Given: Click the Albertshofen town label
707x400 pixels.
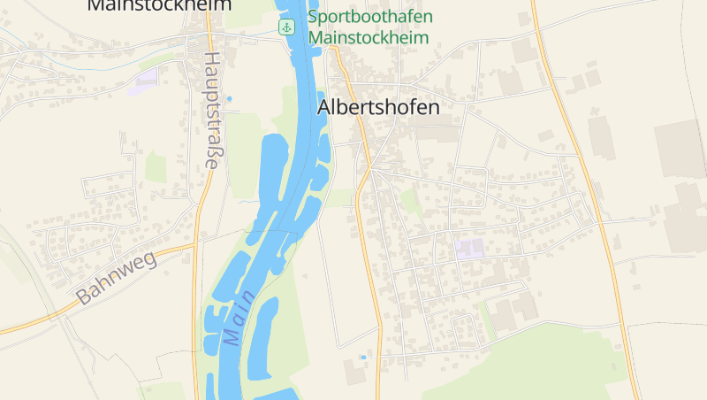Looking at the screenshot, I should (x=378, y=106).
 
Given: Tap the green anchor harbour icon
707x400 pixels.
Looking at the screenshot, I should (x=286, y=27).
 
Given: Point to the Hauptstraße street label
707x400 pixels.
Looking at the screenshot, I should (x=212, y=110).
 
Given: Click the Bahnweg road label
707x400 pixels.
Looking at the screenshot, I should (x=116, y=278).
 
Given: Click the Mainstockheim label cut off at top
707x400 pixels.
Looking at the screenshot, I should (x=159, y=5).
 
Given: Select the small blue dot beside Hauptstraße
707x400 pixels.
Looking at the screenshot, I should (x=229, y=98).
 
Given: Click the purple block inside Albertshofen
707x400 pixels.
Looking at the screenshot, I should (x=470, y=249).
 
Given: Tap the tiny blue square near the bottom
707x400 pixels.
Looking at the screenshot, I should (x=361, y=357).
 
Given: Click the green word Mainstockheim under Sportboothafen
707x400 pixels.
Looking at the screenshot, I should (x=369, y=38).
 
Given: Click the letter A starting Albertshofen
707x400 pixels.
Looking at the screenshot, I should (x=324, y=107).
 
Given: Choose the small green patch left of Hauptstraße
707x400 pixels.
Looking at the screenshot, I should (x=156, y=165).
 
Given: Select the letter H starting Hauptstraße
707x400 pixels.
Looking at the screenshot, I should (x=212, y=60).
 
